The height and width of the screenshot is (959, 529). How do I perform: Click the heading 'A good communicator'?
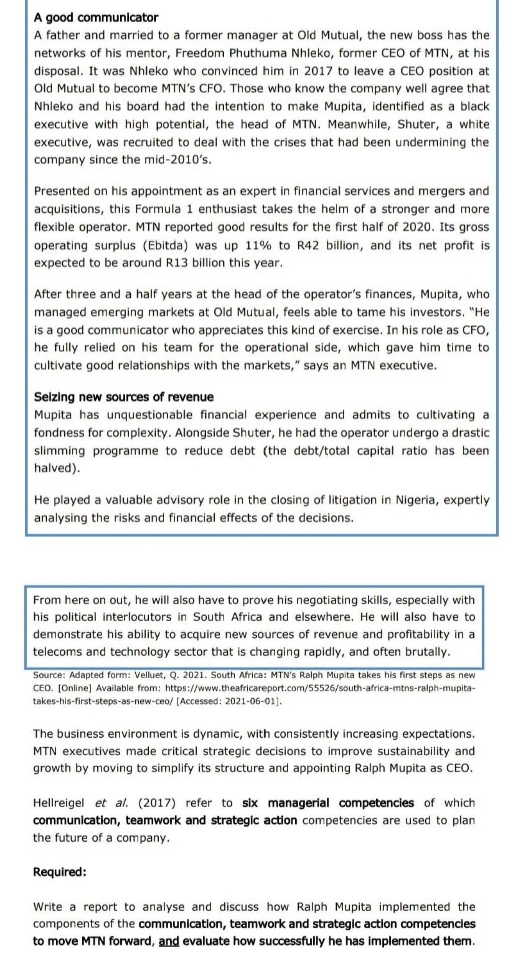click(96, 18)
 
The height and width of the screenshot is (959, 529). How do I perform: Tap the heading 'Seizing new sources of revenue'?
click(123, 397)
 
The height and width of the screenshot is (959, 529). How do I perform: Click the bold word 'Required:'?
click(60, 872)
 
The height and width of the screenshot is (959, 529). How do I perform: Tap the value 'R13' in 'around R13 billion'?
click(175, 263)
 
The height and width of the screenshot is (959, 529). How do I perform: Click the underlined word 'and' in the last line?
click(169, 941)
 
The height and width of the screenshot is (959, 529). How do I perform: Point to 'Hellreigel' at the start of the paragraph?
click(60, 803)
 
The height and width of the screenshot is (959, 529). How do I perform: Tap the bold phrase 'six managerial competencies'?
click(328, 803)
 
